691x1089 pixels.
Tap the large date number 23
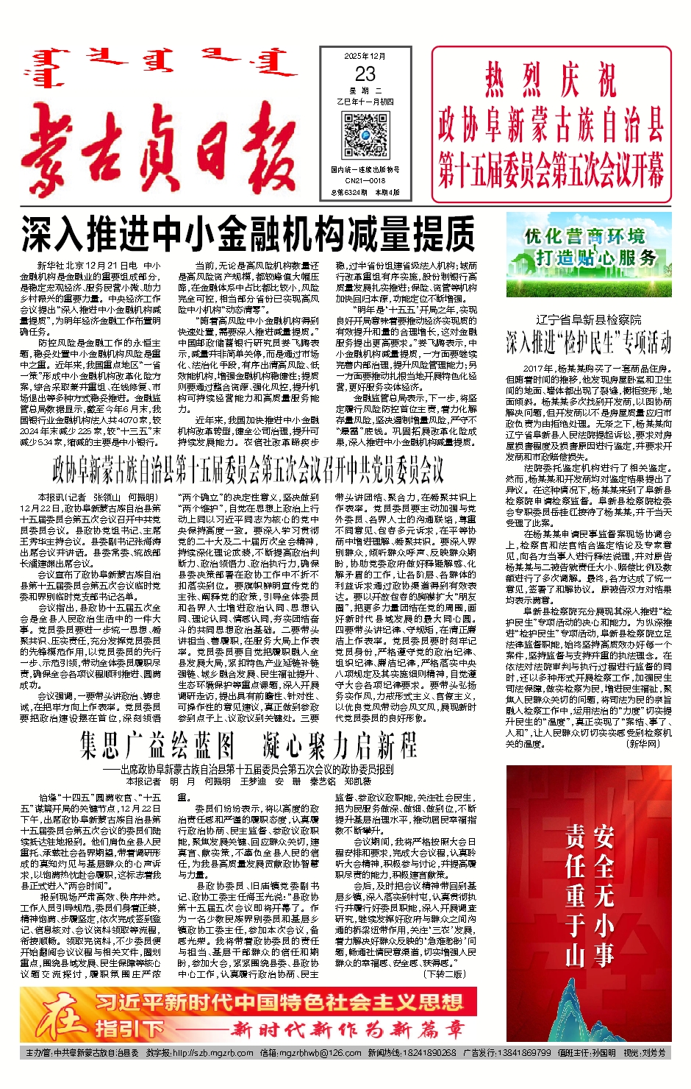[x=365, y=74]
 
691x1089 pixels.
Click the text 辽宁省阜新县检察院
[x=588, y=319]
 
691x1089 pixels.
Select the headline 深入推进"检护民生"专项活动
[x=588, y=342]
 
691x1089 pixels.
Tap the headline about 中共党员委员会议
[x=248, y=468]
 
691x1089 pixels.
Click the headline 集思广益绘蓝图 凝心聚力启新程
[x=248, y=745]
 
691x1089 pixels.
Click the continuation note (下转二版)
[x=445, y=973]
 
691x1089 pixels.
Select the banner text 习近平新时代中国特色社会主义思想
[x=279, y=1002]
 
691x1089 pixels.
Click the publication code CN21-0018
[x=365, y=180]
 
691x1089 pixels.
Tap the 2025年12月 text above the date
[x=365, y=56]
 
